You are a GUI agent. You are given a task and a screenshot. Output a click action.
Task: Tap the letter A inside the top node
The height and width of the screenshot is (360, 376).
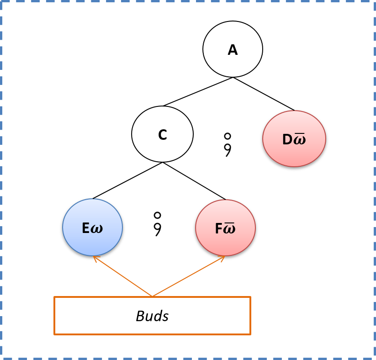click(233, 50)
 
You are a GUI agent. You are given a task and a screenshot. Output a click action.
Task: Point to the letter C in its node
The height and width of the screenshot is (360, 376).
click(162, 135)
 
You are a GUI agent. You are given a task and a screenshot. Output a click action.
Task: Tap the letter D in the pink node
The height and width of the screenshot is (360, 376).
click(287, 140)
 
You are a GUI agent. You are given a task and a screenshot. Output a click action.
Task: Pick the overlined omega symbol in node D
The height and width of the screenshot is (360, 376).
click(299, 139)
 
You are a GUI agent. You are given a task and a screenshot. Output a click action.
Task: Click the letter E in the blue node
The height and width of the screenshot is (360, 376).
click(86, 228)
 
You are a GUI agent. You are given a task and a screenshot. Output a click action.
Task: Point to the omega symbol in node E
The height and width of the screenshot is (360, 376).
click(97, 229)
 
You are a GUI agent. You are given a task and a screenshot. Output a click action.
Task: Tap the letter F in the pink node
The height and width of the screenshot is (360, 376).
click(218, 229)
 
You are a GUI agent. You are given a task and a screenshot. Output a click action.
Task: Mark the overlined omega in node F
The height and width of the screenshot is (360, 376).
click(229, 228)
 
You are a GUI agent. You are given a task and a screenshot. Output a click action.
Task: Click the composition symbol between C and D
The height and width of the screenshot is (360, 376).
click(228, 144)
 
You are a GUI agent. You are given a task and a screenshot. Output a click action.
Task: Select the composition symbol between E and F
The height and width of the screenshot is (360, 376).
click(157, 223)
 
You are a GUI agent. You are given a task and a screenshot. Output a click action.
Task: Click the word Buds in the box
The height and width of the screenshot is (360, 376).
click(152, 316)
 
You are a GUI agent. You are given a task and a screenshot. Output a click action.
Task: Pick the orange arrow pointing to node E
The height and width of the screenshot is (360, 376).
click(122, 276)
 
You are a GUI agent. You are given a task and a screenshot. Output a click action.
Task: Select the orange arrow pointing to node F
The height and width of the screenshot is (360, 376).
click(188, 276)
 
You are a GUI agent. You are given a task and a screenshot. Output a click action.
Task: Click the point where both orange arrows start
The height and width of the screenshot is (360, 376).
click(152, 296)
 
